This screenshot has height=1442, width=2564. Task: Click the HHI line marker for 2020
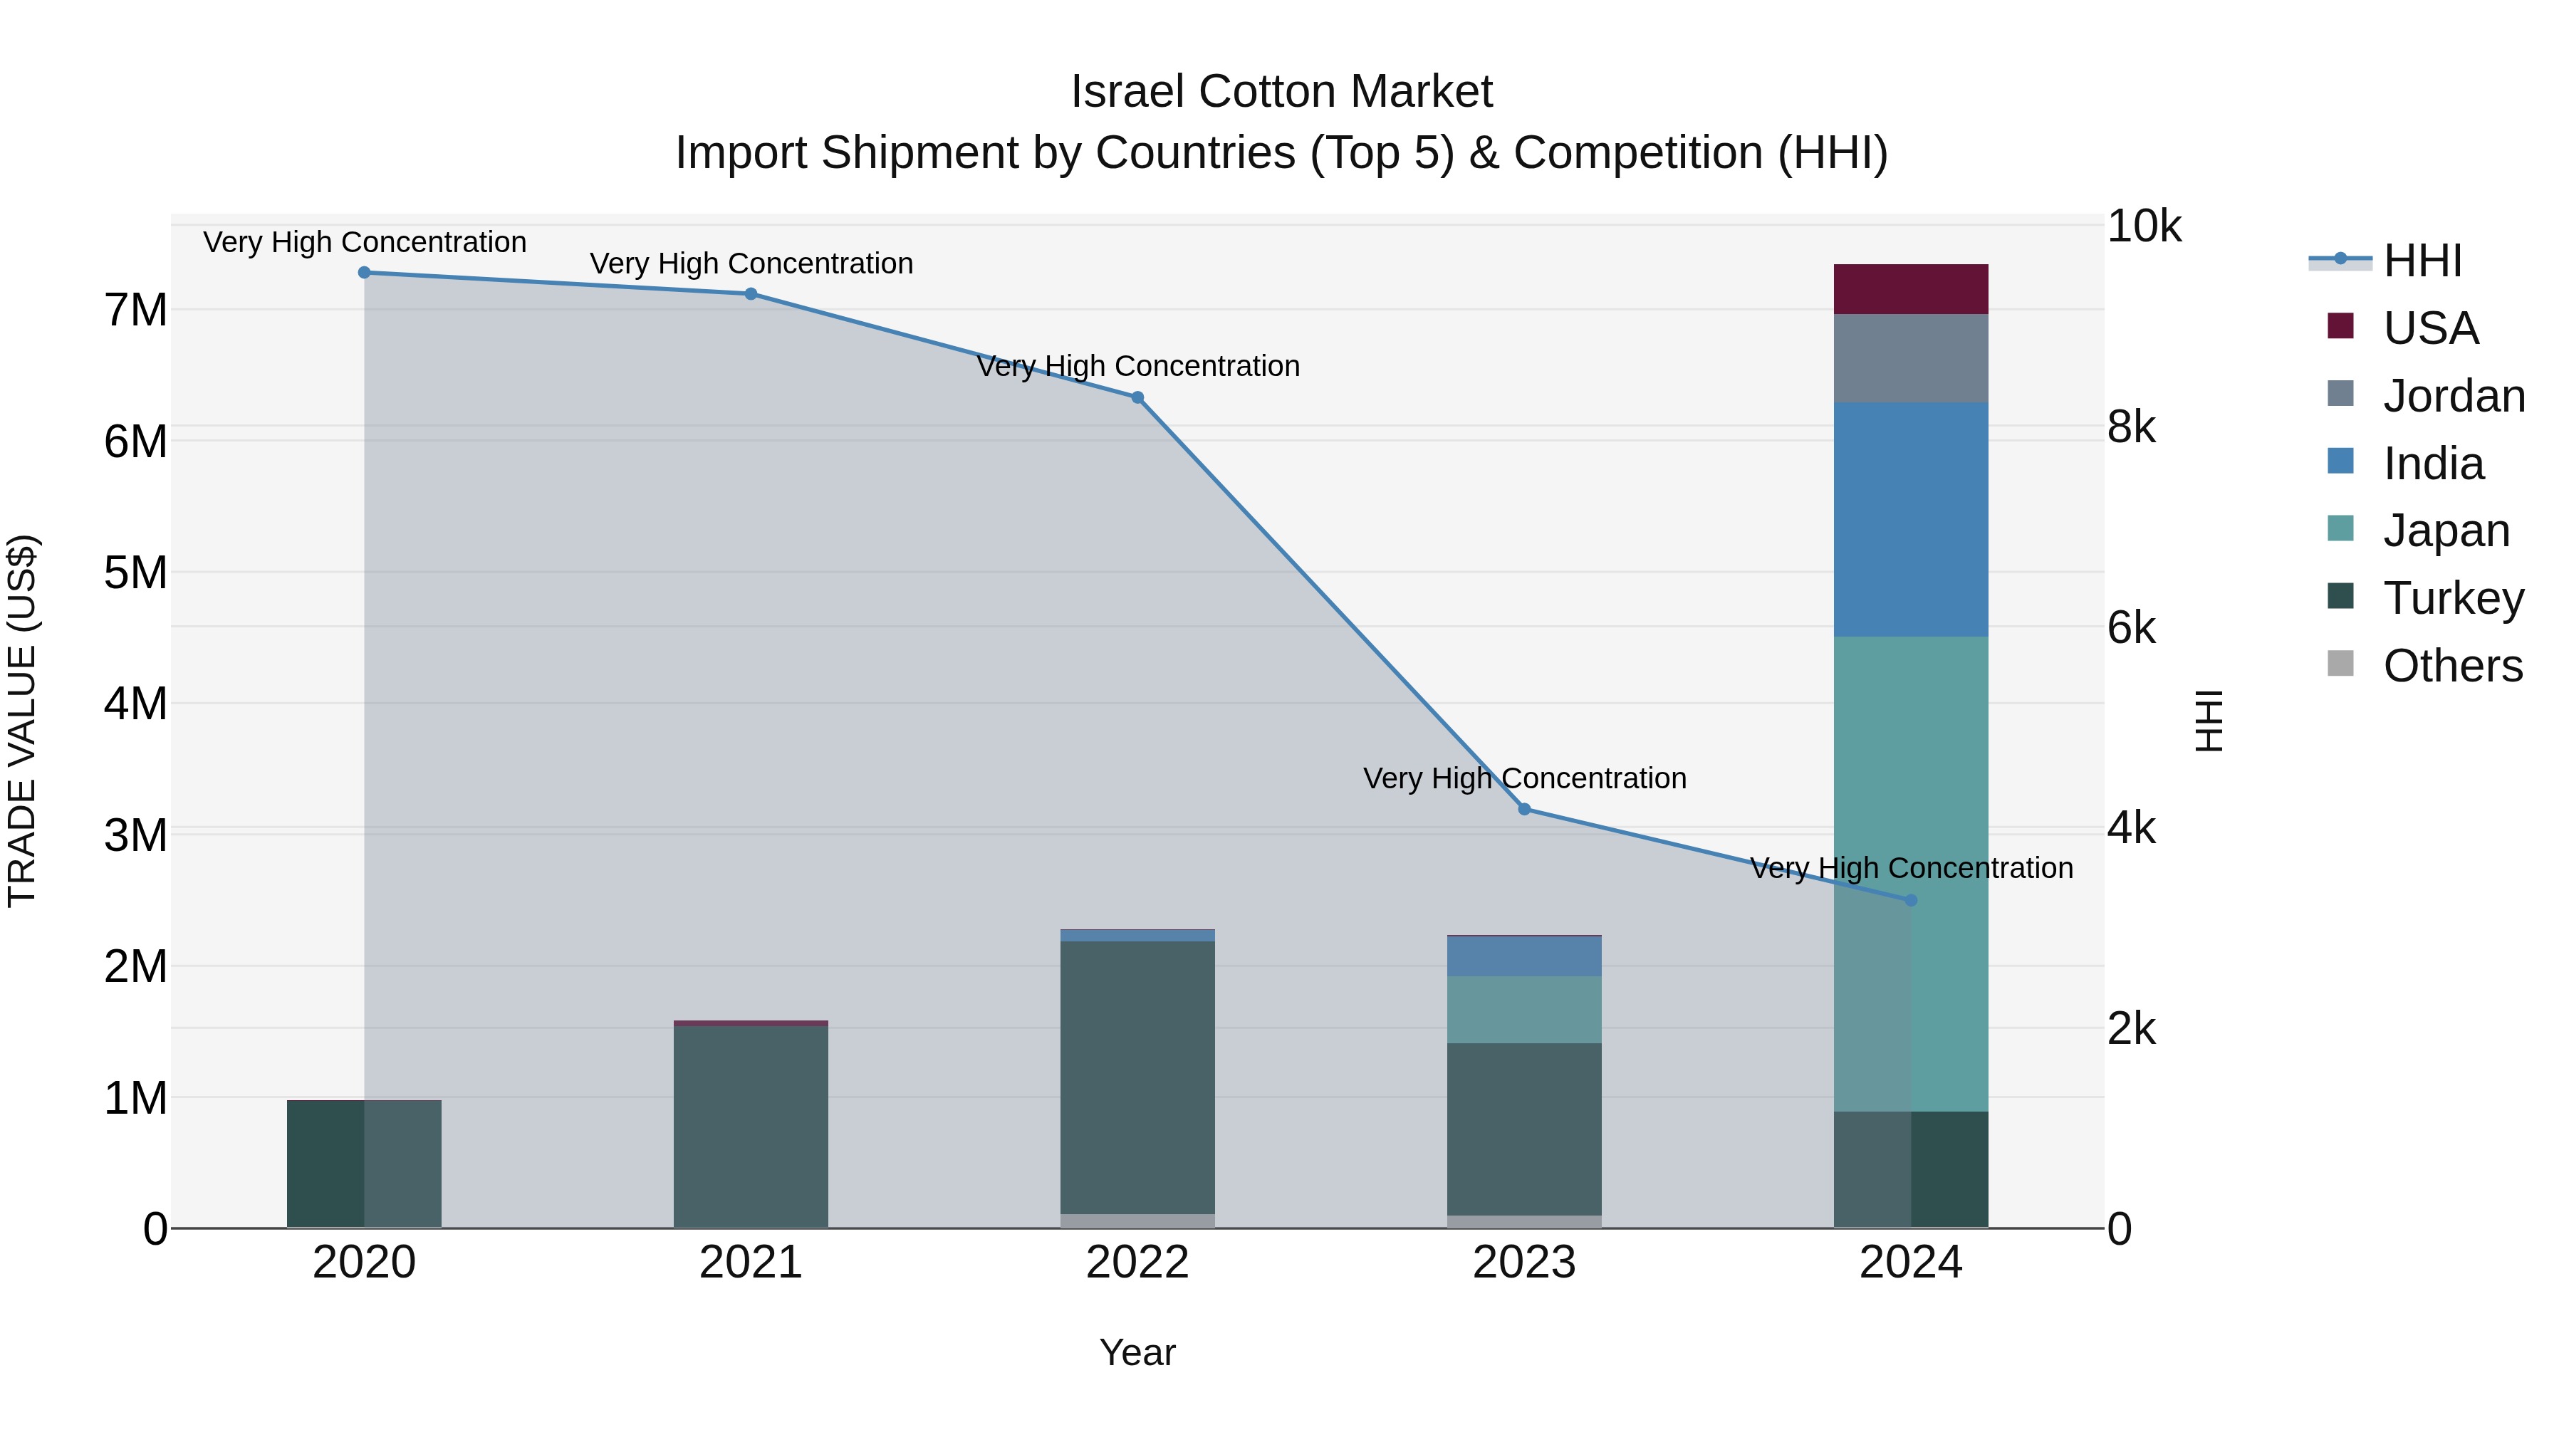[364, 273]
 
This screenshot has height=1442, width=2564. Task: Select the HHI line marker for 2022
[1137, 397]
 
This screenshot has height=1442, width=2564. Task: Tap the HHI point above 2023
[1524, 809]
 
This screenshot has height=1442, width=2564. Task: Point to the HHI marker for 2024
[1910, 901]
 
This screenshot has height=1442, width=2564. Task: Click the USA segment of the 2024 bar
[1910, 290]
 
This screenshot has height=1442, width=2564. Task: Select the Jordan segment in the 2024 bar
[1910, 358]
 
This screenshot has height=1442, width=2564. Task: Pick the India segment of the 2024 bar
[1910, 520]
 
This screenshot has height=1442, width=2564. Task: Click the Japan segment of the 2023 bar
[1524, 1009]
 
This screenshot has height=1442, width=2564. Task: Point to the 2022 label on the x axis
[1137, 1263]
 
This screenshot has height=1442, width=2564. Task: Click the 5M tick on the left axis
[135, 573]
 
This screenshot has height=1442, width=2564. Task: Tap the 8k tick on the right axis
[2131, 427]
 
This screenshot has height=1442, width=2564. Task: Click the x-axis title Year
[1137, 1352]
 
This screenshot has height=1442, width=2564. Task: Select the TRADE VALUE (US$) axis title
[22, 721]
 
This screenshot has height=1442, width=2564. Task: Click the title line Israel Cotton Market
[1281, 92]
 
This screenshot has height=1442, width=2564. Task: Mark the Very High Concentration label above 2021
[751, 263]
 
